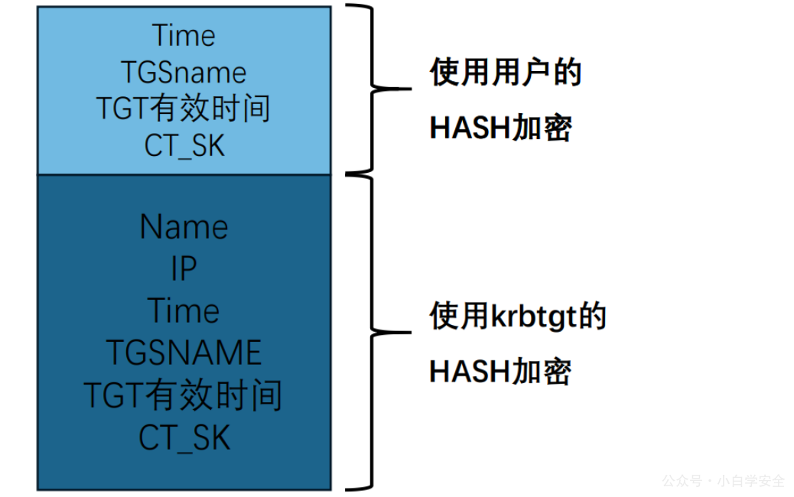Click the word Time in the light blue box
click(x=184, y=36)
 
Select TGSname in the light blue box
click(x=184, y=73)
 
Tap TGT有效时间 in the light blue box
click(x=184, y=109)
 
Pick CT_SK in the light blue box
click(x=184, y=146)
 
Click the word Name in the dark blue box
click(x=184, y=227)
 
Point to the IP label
click(x=184, y=268)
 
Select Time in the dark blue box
click(x=184, y=310)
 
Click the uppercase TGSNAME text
click(x=184, y=352)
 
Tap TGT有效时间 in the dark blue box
click(x=184, y=395)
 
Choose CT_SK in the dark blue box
click(x=184, y=438)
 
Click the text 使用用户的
click(x=506, y=72)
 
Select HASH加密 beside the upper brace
click(x=500, y=128)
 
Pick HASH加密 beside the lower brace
click(x=500, y=372)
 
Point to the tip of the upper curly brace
click(x=412, y=89)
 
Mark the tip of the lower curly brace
click(x=412, y=333)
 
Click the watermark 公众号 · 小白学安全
click(x=723, y=481)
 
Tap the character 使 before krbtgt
click(x=444, y=317)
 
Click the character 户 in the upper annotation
click(x=536, y=72)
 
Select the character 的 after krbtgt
click(x=592, y=317)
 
